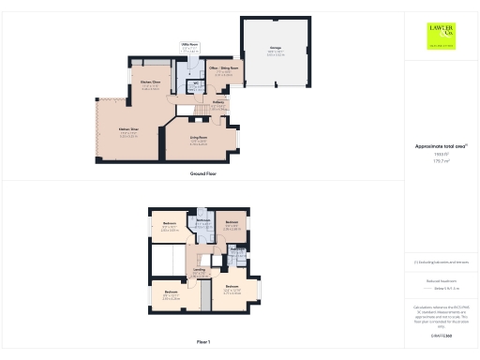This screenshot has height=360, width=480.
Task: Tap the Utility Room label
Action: (188, 44)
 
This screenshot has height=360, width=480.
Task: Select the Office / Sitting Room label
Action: (223, 69)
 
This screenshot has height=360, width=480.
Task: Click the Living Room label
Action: (184, 142)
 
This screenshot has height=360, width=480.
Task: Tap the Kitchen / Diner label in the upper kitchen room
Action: (151, 84)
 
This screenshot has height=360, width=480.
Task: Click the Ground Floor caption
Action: (203, 174)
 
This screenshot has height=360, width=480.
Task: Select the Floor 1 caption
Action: (203, 341)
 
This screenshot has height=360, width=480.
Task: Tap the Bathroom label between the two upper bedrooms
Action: (202, 219)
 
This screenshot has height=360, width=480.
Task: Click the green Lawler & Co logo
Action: (441, 36)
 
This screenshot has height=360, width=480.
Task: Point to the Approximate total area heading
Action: (441, 146)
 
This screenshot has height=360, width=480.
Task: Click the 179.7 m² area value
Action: (441, 161)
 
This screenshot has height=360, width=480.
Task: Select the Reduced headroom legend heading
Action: (441, 279)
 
